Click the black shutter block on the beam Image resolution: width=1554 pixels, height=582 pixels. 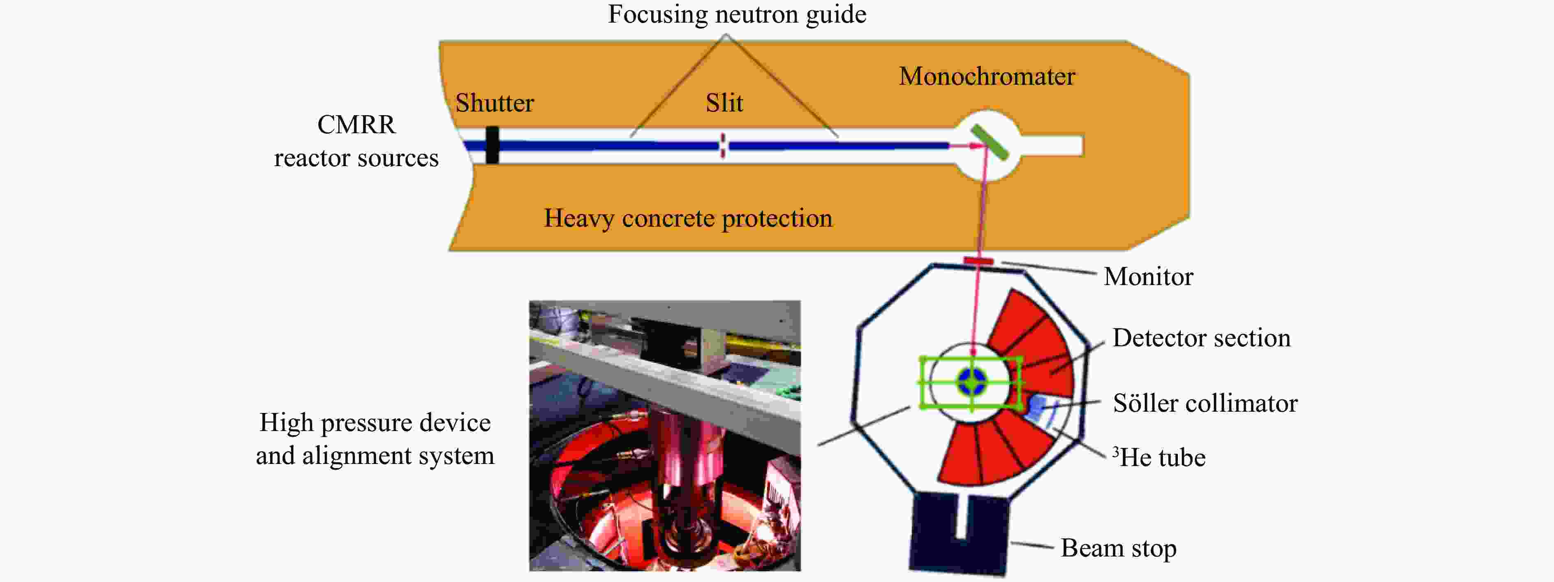click(492, 145)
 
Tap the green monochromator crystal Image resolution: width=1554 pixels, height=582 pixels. click(990, 142)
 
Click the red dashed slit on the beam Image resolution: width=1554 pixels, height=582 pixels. click(723, 146)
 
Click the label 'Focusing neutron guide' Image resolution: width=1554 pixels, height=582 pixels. click(737, 14)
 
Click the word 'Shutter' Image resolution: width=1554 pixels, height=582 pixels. click(494, 103)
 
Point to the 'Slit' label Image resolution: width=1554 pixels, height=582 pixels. click(724, 103)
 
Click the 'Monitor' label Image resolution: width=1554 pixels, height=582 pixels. click(1148, 276)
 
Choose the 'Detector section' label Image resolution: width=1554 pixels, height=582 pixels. click(1201, 338)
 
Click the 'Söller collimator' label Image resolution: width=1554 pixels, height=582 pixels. click(1205, 403)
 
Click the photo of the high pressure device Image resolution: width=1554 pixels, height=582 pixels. click(665, 435)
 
